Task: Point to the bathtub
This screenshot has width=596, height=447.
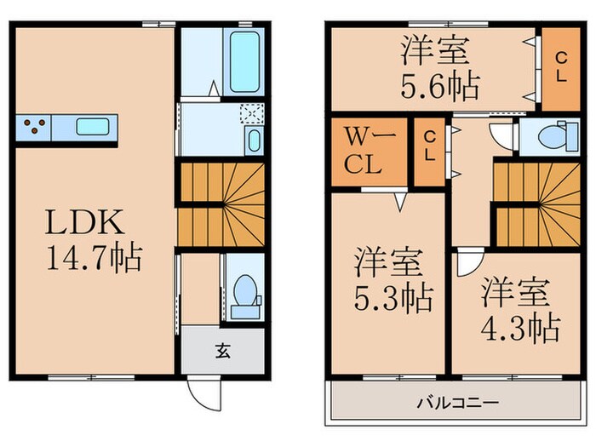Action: coord(244,58)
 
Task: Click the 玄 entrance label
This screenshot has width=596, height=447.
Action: coord(221,348)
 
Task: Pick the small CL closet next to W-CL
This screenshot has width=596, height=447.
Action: coord(430,147)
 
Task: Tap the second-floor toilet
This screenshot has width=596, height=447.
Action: coord(549,137)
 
